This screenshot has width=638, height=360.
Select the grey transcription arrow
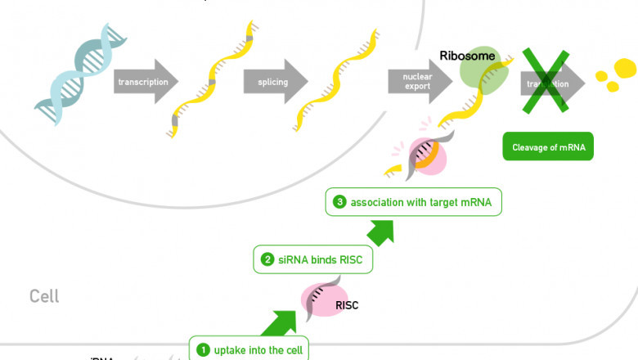coord(146,82)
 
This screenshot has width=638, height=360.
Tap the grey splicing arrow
coord(274,82)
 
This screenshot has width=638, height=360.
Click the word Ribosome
coord(467,55)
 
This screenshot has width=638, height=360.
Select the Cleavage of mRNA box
coord(548,147)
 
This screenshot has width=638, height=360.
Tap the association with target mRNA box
coord(413,202)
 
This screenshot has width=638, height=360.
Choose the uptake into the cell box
coord(250,350)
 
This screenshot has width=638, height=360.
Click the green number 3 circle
coord(340,202)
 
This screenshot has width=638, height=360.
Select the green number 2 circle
coord(267,260)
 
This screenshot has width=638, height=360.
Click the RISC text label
coord(348,306)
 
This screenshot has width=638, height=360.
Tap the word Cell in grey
coord(44,296)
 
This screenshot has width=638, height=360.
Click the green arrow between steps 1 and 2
coord(279,322)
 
